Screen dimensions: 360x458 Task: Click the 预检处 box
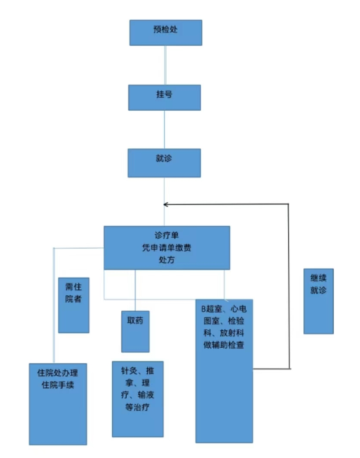pyautogui.click(x=165, y=33)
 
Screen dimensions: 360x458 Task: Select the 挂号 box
pyautogui.click(x=165, y=98)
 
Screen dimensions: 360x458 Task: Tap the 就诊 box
pyautogui.click(x=164, y=163)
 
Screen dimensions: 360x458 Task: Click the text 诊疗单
pyautogui.click(x=167, y=235)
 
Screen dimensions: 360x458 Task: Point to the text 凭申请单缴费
pyautogui.click(x=167, y=247)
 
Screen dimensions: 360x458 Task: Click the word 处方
pyautogui.click(x=167, y=260)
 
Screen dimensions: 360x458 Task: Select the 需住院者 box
pyautogui.click(x=73, y=306)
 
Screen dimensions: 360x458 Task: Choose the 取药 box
pyautogui.click(x=136, y=331)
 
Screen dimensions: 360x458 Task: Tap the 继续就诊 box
pyautogui.click(x=318, y=301)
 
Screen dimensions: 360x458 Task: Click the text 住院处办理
pyautogui.click(x=57, y=373)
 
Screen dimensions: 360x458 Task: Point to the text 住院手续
pyautogui.click(x=57, y=385)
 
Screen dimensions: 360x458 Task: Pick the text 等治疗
pyautogui.click(x=137, y=407)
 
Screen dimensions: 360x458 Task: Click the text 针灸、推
pyautogui.click(x=137, y=371)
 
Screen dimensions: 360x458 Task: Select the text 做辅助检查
pyautogui.click(x=224, y=345)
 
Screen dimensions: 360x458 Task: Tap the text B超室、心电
pyautogui.click(x=224, y=309)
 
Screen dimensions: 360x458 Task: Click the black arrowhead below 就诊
pyautogui.click(x=165, y=204)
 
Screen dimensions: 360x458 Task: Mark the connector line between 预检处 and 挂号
pyautogui.click(x=165, y=65)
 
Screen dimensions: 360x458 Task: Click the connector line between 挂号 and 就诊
pyautogui.click(x=165, y=130)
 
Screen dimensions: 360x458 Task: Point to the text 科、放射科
pyautogui.click(x=224, y=333)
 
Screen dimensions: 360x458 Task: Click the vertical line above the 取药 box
pyautogui.click(x=135, y=290)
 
